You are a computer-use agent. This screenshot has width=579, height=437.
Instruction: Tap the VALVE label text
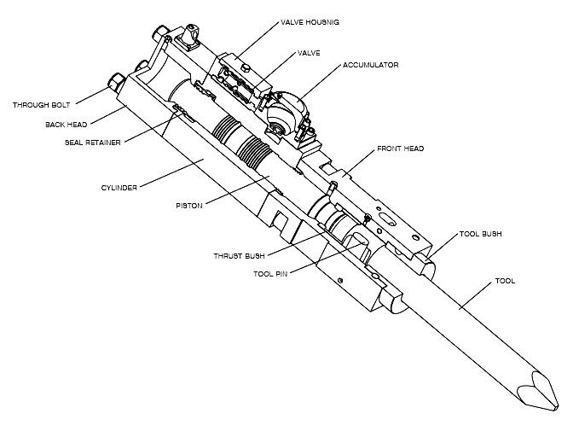tap(308, 53)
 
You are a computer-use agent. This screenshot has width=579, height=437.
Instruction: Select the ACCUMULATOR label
tap(370, 65)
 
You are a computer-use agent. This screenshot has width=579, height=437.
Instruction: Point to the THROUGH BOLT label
tap(42, 106)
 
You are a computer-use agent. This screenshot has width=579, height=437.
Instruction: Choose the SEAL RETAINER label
tap(92, 142)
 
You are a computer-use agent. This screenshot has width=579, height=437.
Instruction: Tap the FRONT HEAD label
tap(400, 149)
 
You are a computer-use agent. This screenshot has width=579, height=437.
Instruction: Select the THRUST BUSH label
tap(240, 255)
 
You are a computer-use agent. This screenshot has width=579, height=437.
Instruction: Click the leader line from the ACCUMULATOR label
tap(320, 80)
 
